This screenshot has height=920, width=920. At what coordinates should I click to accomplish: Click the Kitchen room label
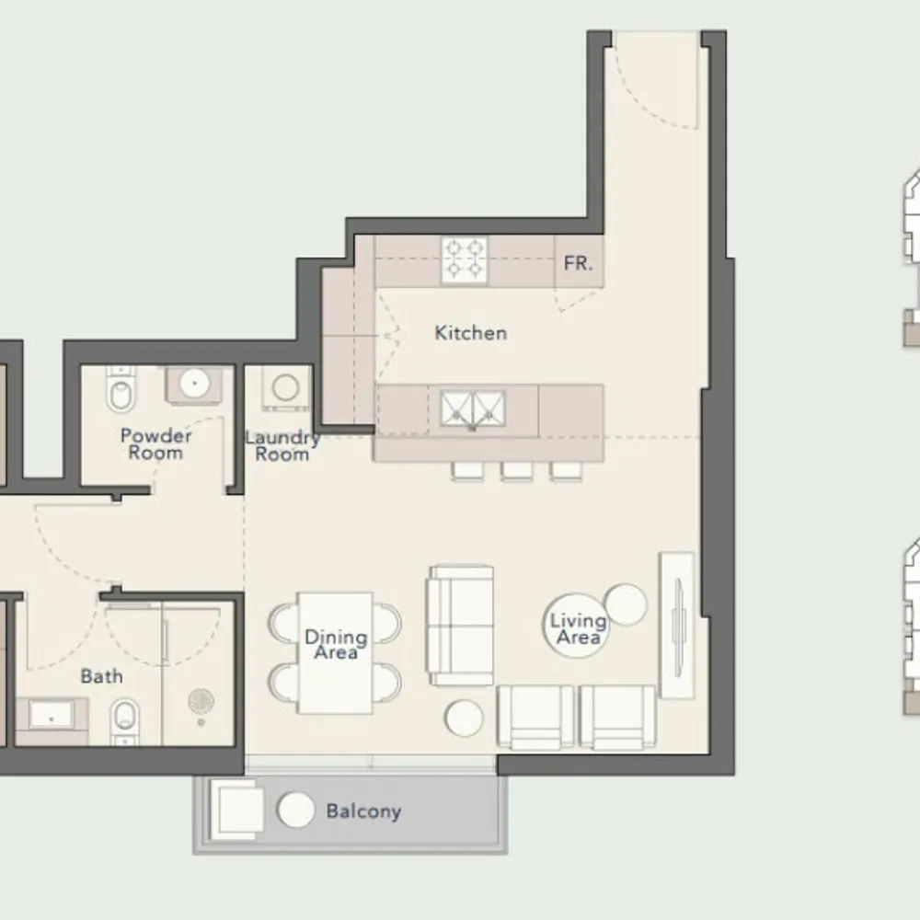[470, 333]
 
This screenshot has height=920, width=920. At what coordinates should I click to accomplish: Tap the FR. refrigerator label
[578, 263]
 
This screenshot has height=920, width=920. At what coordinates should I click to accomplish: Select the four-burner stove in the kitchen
[464, 260]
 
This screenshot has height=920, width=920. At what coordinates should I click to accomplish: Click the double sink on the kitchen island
[473, 408]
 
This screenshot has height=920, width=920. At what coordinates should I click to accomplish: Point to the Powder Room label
[156, 444]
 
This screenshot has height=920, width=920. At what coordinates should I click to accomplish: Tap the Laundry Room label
[282, 446]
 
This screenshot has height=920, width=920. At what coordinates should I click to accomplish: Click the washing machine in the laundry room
[286, 388]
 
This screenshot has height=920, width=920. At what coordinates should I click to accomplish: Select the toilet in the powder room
[121, 389]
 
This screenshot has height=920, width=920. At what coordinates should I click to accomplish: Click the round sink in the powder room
[195, 384]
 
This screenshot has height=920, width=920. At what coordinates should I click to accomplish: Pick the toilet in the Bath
[125, 721]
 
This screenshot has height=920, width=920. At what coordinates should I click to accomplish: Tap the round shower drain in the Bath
[201, 700]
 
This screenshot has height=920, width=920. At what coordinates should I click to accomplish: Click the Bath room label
[101, 676]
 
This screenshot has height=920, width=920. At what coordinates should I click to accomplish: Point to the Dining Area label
[336, 644]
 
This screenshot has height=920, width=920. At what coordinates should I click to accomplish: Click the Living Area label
[579, 628]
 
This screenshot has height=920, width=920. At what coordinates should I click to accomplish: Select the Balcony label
[363, 811]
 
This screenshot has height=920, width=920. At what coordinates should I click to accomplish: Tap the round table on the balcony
[295, 810]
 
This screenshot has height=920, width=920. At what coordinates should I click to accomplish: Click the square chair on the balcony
[237, 809]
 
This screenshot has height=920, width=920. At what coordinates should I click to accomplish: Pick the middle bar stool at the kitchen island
[517, 471]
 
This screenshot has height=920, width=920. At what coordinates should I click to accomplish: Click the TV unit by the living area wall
[678, 625]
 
